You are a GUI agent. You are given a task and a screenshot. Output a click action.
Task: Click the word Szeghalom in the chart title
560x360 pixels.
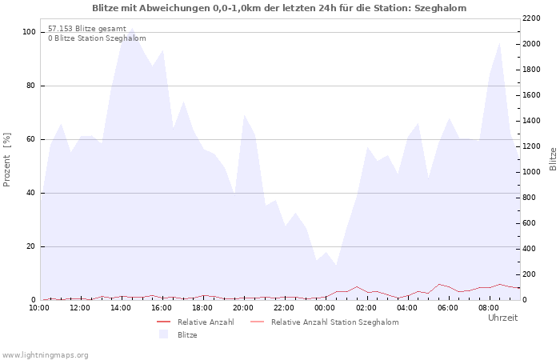coord(440,8)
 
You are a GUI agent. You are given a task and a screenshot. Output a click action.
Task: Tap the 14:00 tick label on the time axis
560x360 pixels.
coord(121,308)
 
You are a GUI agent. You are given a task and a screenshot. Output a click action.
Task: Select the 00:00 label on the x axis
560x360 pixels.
coord(325,308)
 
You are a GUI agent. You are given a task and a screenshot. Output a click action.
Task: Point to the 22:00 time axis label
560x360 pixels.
coord(284,308)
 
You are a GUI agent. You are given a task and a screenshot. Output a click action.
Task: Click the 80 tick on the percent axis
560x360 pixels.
coord(30,86)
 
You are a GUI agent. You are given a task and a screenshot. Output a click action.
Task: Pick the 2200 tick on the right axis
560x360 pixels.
coord(531,18)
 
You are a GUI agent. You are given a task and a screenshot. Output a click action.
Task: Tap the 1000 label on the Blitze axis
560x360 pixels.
coord(531,172)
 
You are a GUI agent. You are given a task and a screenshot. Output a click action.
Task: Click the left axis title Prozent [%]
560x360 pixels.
coord(6,160)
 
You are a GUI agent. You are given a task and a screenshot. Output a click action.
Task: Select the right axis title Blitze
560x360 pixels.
coord(553,159)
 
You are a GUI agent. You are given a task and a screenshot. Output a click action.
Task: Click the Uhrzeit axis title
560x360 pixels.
coord(503,318)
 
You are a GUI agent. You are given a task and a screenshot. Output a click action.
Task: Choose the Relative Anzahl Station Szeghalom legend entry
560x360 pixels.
coord(335,322)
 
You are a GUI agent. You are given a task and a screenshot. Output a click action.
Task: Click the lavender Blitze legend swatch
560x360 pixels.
coord(163,334)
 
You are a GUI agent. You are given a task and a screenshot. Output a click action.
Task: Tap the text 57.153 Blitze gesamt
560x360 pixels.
coord(87,29)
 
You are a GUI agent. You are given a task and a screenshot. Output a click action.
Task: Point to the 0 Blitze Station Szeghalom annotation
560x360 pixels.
coord(97,38)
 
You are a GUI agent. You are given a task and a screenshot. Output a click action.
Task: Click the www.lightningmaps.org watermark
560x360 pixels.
coord(45,355)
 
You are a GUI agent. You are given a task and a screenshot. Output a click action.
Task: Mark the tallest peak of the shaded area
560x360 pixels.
coord(132,28)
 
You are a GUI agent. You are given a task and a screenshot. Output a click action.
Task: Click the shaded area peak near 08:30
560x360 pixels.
coord(500,43)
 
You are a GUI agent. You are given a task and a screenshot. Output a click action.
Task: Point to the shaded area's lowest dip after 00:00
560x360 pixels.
coord(336,266)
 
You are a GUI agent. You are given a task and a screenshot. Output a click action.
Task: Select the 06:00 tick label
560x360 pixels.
coord(448,308)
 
